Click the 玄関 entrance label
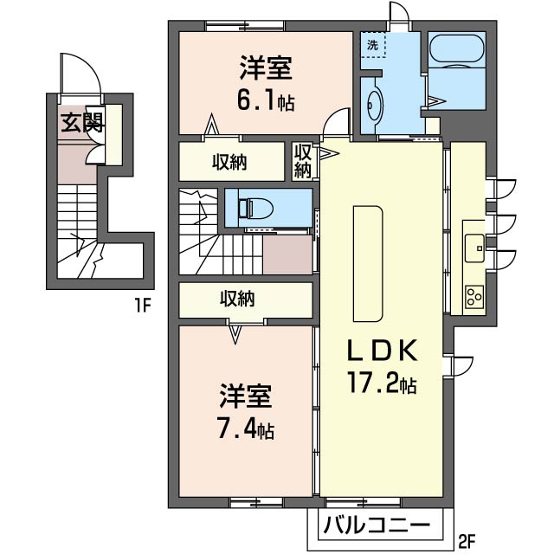tap(82, 123)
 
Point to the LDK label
tap(383, 351)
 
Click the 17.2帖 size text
tap(383, 382)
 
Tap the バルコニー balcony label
tap(377, 525)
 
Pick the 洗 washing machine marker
tap(372, 45)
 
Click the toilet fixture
tap(256, 208)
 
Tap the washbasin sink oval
tap(375, 106)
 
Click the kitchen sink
tap(474, 248)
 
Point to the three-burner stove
tap(474, 296)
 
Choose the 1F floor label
tap(142, 306)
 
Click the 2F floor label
tap(467, 541)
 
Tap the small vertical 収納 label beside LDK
tap(303, 162)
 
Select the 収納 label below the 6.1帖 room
tap(229, 162)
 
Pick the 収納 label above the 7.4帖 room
tap(237, 300)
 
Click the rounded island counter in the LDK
tap(368, 264)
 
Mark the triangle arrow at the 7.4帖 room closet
tap(235, 335)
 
